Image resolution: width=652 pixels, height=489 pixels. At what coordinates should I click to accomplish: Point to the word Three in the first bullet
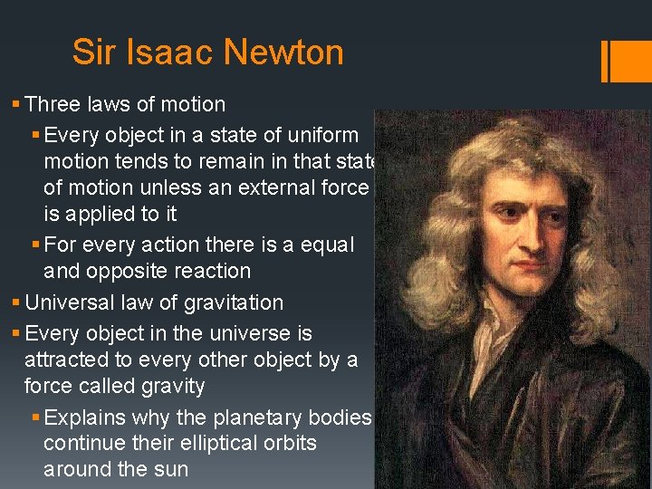pyautogui.click(x=56, y=104)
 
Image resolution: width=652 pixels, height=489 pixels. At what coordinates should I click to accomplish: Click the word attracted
pyautogui.click(x=66, y=360)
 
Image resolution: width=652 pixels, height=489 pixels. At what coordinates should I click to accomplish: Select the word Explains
pyautogui.click(x=84, y=417)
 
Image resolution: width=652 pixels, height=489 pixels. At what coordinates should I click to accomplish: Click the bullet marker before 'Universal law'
pyautogui.click(x=17, y=303)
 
